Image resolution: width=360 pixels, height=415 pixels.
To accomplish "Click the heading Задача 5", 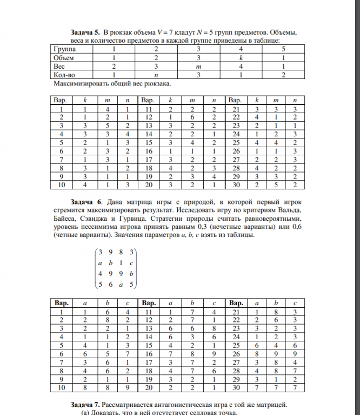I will [x=85, y=32].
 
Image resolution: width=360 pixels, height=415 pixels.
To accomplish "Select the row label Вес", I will [x=59, y=65].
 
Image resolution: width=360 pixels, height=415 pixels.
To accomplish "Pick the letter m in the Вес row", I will [x=198, y=65].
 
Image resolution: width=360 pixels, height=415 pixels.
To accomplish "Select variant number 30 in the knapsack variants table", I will [x=236, y=185].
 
